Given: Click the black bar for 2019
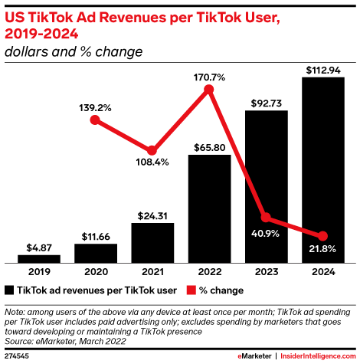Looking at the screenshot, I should (x=39, y=258).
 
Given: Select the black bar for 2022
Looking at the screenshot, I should (x=209, y=208).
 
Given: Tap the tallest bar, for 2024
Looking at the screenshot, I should (x=322, y=169).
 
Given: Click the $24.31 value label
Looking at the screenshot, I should (x=152, y=215).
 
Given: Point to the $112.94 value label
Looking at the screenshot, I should (x=322, y=68).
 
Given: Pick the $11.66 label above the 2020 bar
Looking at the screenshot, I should (x=96, y=236).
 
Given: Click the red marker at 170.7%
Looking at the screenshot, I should (x=209, y=90).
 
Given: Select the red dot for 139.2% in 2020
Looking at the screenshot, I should (x=95, y=120).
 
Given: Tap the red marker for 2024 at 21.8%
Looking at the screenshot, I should (x=322, y=235).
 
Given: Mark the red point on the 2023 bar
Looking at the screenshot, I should (x=266, y=218).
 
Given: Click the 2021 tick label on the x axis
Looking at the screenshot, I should (x=152, y=272).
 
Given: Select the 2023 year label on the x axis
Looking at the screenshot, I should (x=266, y=272).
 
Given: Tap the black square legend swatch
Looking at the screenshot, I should (x=9, y=290).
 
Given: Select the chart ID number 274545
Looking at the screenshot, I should (x=17, y=356).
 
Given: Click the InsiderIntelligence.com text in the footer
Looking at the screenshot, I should (x=319, y=356).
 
